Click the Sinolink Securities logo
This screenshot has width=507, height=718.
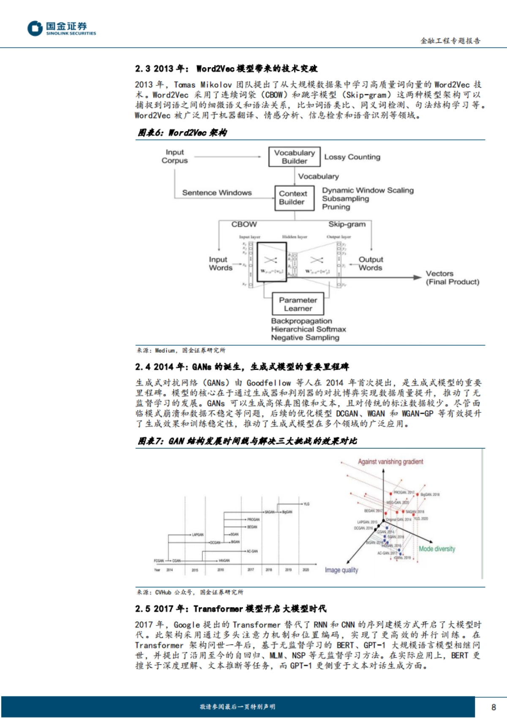tap(62, 28)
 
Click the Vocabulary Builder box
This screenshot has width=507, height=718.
tap(294, 157)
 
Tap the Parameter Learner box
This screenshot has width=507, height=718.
tap(298, 304)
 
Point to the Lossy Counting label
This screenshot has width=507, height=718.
tap(352, 157)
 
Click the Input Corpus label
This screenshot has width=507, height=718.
tap(174, 156)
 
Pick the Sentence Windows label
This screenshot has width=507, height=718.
tap(217, 193)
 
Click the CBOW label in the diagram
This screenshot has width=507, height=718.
tap(244, 225)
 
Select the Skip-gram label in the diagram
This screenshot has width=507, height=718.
tap(347, 225)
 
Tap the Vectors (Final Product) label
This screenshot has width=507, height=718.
tap(452, 278)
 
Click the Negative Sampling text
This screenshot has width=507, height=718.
tap(305, 337)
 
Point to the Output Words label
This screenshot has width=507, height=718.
tap(370, 263)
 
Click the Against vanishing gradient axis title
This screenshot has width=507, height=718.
tap(390, 462)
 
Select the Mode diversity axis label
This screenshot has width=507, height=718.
tap(437, 549)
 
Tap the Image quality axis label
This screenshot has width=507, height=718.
tap(341, 570)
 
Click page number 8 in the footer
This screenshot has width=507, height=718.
tap(493, 707)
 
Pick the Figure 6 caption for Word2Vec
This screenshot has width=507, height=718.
tap(183, 133)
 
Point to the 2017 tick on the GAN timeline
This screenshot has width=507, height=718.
tap(251, 570)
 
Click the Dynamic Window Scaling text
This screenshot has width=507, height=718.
tap(368, 190)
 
